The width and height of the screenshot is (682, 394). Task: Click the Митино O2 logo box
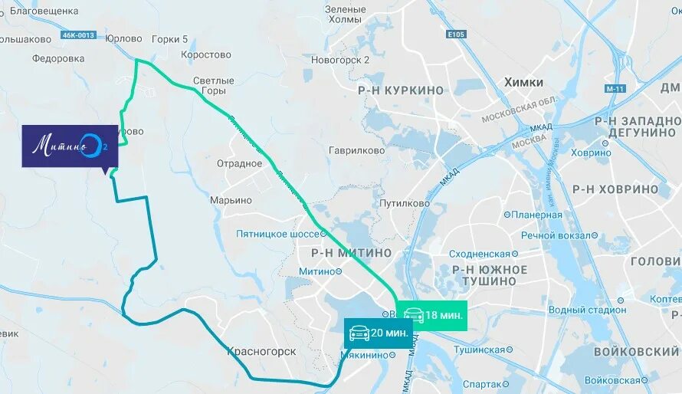pyautogui.click(x=70, y=146)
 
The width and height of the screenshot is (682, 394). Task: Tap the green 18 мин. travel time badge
pyautogui.click(x=431, y=315)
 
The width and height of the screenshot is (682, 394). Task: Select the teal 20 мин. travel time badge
pyautogui.click(x=378, y=333)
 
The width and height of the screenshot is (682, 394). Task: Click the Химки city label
pyautogui.click(x=523, y=82)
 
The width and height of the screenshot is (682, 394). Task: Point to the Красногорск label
pyautogui.click(x=261, y=351)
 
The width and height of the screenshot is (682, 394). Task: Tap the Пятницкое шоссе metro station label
pyautogui.click(x=280, y=233)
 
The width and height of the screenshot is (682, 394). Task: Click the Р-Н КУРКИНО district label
pyautogui.click(x=400, y=90)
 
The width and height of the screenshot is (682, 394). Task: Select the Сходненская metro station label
pyautogui.click(x=480, y=254)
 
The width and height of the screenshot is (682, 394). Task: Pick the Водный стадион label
pyautogui.click(x=588, y=310)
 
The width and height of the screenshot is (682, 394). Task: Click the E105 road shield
pyautogui.click(x=456, y=34)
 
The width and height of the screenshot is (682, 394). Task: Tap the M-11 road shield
pyautogui.click(x=615, y=89)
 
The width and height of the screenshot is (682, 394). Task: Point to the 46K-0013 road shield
pyautogui.click(x=78, y=35)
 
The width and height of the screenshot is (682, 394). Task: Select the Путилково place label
pyautogui.click(x=405, y=204)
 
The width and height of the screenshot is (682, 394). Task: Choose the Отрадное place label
pyautogui.click(x=239, y=163)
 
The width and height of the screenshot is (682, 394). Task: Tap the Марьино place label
pyautogui.click(x=231, y=200)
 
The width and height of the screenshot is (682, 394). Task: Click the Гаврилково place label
pyautogui.click(x=356, y=151)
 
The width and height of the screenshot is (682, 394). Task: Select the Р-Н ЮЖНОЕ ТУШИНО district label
pyautogui.click(x=490, y=275)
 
